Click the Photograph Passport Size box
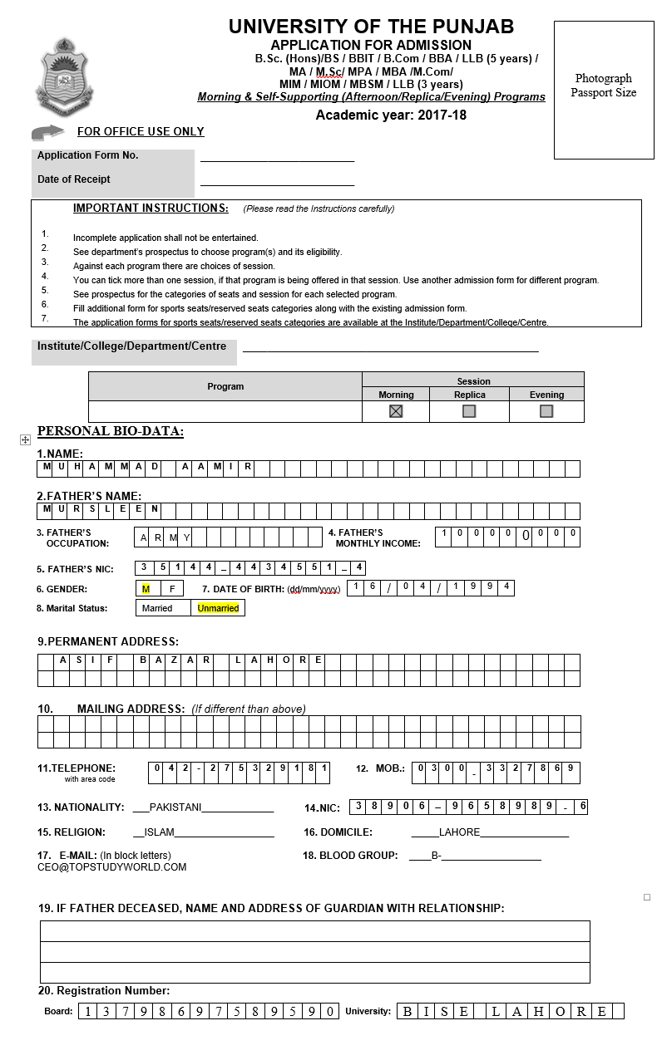(604, 90)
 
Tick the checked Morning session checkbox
(396, 411)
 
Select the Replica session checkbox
(469, 411)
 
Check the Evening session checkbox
(546, 411)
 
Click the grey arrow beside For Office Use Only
(48, 132)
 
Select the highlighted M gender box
(146, 588)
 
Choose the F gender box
(171, 588)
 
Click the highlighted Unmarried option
(218, 608)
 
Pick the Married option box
(157, 608)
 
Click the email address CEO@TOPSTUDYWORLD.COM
(111, 867)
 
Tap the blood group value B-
(436, 856)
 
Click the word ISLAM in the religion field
(160, 832)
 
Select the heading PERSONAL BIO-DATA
(111, 431)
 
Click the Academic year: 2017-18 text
(391, 115)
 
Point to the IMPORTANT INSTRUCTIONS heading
(151, 209)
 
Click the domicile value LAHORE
(459, 832)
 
